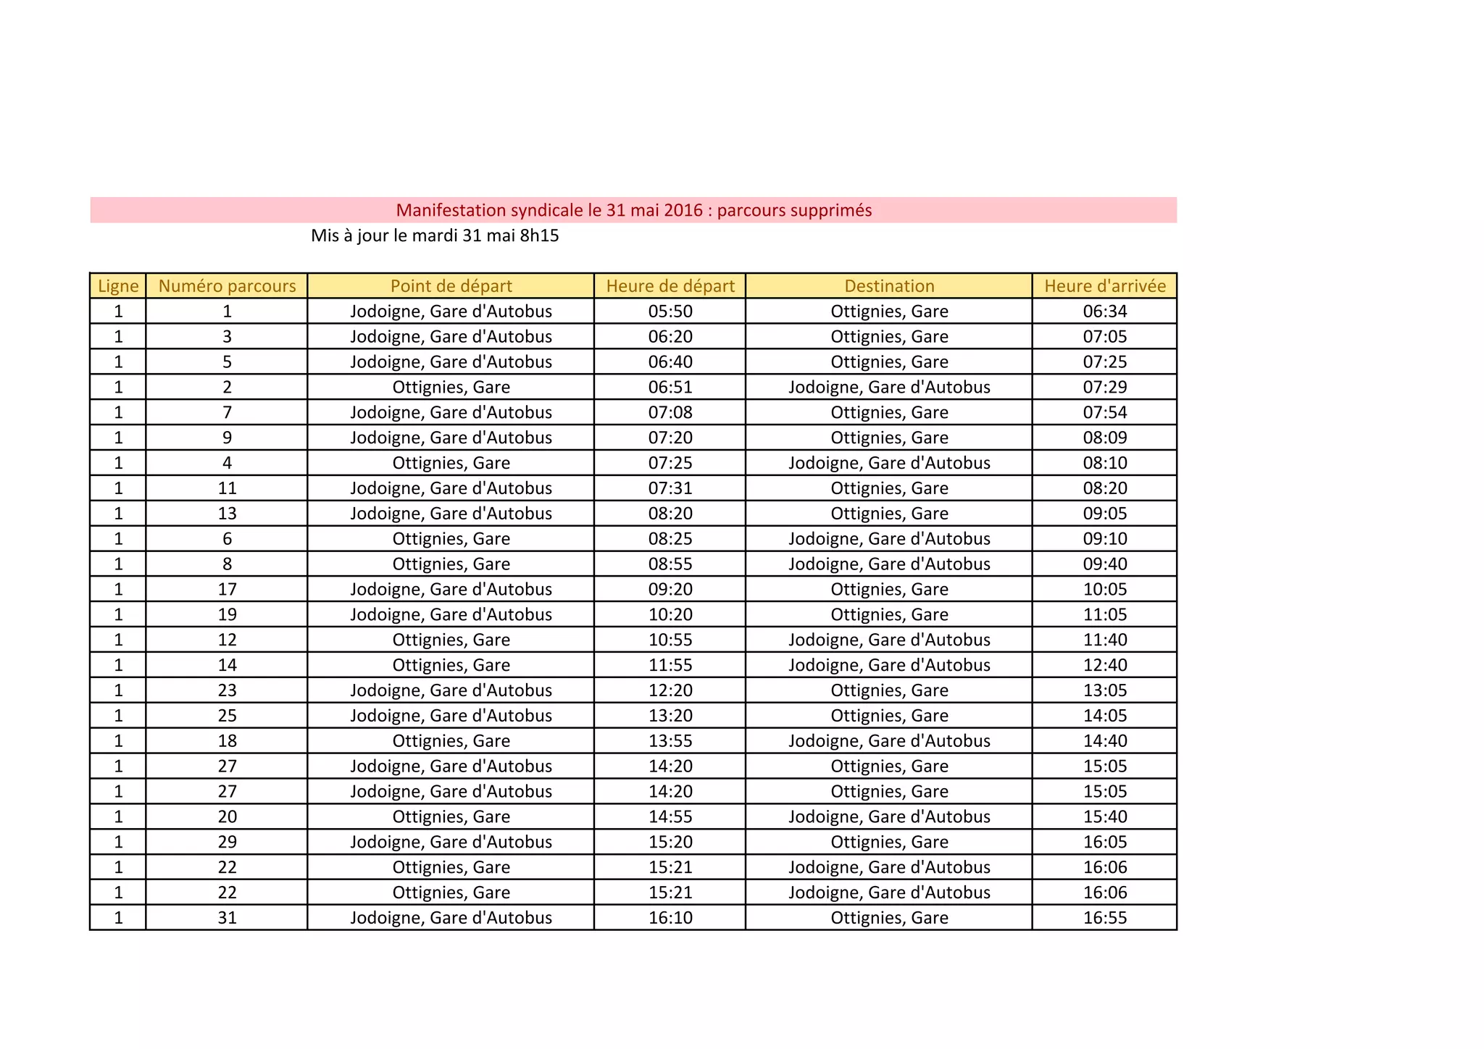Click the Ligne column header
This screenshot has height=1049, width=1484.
coord(118,286)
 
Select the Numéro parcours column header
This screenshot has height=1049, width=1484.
coord(227,286)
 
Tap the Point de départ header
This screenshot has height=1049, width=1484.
coord(451,286)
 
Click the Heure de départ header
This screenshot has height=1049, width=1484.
coord(670,286)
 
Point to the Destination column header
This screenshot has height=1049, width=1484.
coord(889,286)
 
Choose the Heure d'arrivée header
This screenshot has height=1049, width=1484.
coord(1105,286)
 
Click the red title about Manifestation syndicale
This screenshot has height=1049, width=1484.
coord(633,210)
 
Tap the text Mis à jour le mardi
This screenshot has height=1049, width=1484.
coord(435,235)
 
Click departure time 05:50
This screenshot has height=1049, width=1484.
coord(670,312)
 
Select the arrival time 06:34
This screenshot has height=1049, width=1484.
coord(1105,312)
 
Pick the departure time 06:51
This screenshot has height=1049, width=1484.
coord(670,387)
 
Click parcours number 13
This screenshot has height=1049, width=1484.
coord(227,514)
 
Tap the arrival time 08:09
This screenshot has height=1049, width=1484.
coord(1105,438)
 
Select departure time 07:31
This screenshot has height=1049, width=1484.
coord(670,488)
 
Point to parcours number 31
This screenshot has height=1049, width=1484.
coord(227,918)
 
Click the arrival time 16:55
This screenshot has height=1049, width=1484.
coord(1105,918)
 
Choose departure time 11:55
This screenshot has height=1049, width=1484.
coord(670,665)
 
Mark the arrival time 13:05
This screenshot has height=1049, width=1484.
coord(1105,690)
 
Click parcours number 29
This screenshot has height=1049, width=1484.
coord(227,842)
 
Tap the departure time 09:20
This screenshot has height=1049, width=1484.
coord(670,589)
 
